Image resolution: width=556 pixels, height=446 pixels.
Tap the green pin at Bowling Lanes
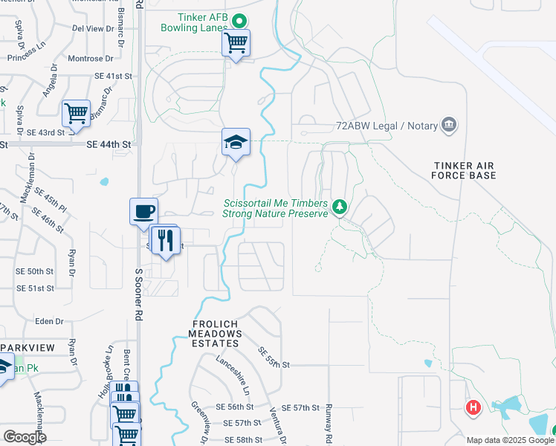point(239,21)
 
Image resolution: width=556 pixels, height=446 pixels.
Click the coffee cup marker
point(143,211)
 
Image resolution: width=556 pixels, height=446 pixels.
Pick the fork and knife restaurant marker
point(166,240)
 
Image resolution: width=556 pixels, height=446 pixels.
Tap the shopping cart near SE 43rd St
point(76,114)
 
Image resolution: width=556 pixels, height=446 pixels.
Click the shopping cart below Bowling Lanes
point(236,44)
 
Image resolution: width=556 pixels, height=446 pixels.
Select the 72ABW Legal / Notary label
point(386,126)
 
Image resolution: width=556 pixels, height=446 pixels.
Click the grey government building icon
point(448,124)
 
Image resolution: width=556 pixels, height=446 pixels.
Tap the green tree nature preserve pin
point(340,204)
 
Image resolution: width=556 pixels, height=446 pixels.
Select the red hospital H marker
point(473,407)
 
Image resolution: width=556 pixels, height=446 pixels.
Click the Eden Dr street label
point(49,321)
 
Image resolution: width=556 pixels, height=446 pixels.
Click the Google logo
point(25,437)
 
